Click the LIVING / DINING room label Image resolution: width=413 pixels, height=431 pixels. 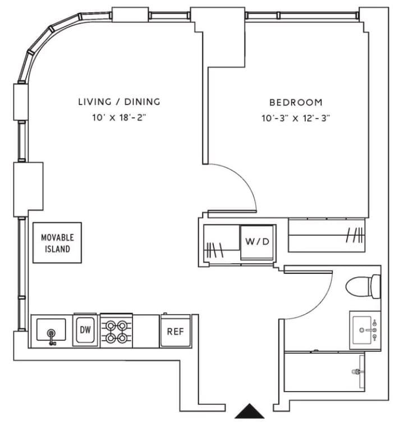click(119, 102)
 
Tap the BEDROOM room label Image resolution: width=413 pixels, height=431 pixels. click(296, 102)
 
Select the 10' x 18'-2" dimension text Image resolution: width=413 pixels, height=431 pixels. click(119, 118)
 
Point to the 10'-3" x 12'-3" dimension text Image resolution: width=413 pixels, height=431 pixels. click(296, 118)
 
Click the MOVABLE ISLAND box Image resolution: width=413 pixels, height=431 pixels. click(57, 242)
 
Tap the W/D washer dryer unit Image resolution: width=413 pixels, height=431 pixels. click(258, 242)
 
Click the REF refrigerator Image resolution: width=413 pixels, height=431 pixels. click(175, 331)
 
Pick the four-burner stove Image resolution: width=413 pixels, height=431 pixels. click(116, 331)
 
